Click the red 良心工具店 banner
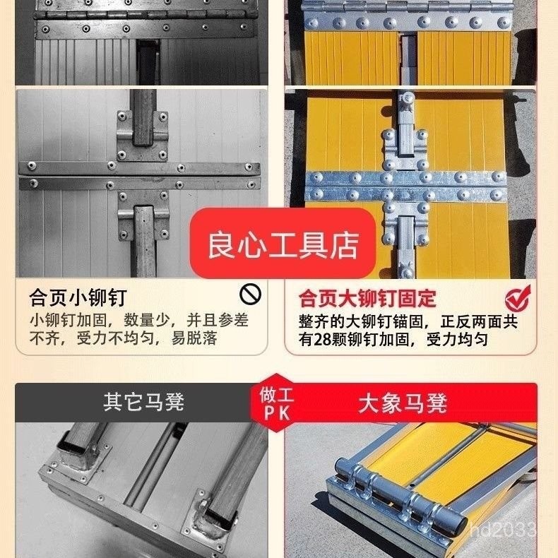click(x=283, y=244)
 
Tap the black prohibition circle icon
click(x=250, y=295)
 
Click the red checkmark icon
click(x=518, y=298)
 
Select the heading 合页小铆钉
click(x=78, y=297)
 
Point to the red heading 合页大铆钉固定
click(x=367, y=298)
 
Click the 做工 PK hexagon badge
click(x=275, y=403)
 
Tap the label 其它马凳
click(x=143, y=402)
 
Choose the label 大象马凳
click(x=403, y=403)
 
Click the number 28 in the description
click(x=322, y=339)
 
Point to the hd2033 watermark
click(x=502, y=529)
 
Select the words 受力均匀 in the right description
click(x=457, y=339)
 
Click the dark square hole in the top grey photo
click(x=148, y=61)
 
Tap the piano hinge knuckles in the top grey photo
click(x=146, y=15)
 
